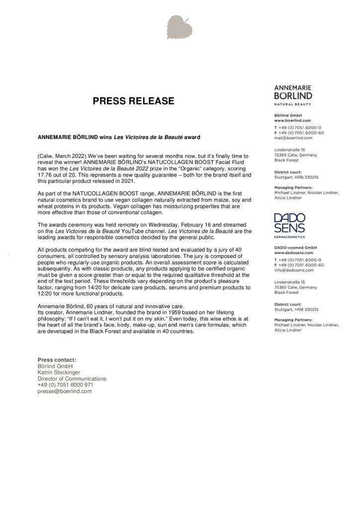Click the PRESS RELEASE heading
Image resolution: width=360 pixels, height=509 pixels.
tap(134, 101)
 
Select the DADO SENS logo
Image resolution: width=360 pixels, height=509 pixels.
tap(289, 222)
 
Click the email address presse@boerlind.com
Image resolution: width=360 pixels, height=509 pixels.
tap(65, 391)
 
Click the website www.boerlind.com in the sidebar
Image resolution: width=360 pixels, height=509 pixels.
tap(292, 120)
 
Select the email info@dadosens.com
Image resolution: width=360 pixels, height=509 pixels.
tap(292, 270)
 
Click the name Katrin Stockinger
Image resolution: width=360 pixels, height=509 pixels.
tap(59, 372)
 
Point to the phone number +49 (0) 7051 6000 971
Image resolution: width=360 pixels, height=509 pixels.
tap(65, 385)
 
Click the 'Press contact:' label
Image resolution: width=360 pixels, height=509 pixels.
tap(57, 359)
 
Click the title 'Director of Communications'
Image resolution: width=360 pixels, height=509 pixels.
tap(72, 378)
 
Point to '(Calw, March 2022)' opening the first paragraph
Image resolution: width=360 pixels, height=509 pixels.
tap(62, 156)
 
